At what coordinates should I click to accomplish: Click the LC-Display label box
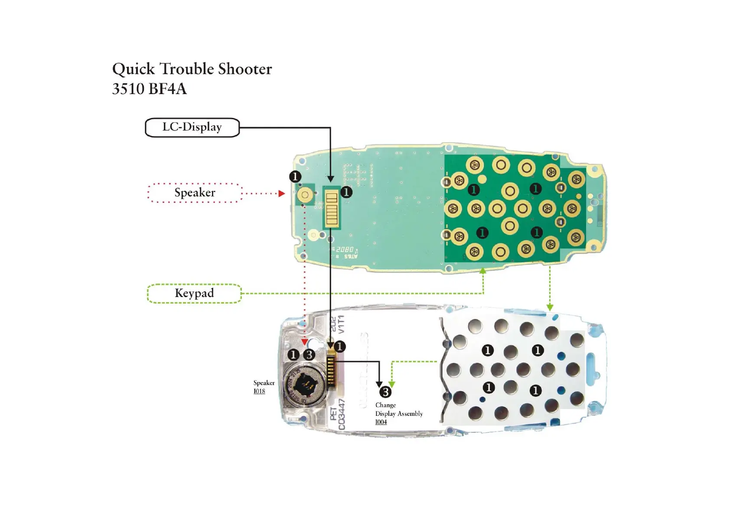(192, 127)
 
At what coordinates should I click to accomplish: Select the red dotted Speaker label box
(195, 193)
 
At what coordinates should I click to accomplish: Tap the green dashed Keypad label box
(194, 294)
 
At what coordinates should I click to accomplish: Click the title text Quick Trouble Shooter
(192, 69)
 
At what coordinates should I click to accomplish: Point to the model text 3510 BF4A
(149, 89)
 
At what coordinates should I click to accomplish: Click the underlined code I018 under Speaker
(259, 391)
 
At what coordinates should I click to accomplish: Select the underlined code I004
(381, 422)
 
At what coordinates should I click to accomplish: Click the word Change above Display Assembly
(385, 405)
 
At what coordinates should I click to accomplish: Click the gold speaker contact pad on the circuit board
(305, 195)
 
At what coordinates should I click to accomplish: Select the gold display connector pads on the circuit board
(332, 208)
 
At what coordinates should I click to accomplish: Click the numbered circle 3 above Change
(385, 392)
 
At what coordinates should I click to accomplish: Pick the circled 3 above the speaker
(309, 355)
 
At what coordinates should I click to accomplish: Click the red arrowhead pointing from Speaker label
(282, 193)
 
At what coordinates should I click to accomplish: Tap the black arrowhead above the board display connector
(330, 179)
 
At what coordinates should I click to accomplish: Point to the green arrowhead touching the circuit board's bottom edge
(483, 271)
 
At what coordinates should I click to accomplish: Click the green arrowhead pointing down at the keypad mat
(550, 307)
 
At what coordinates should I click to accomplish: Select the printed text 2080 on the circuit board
(345, 250)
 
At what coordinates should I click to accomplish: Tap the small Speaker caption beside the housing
(264, 383)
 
